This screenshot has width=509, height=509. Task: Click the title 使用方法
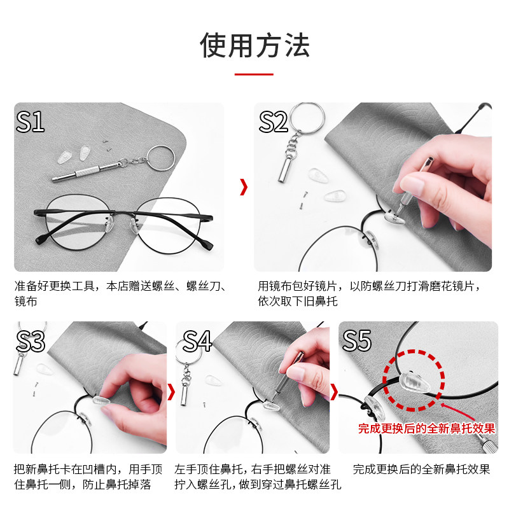(254, 45)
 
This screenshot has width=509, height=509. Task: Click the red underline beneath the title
(254, 74)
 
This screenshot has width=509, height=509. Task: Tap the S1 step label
(30, 121)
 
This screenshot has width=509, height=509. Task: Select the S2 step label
(274, 121)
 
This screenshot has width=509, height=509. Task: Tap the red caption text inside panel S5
(426, 429)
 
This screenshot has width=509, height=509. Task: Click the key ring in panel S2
(307, 117)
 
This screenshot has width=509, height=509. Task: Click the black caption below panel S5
(421, 470)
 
